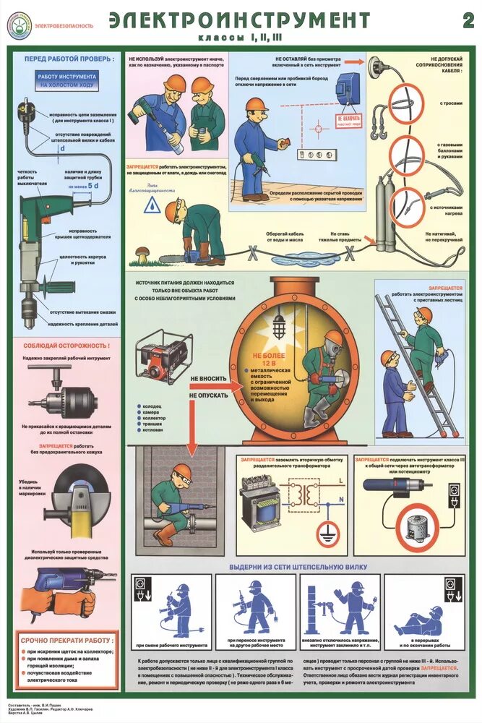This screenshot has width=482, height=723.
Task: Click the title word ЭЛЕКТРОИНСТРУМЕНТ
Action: pos(239,20)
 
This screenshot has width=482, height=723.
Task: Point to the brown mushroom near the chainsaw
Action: pos(143,252)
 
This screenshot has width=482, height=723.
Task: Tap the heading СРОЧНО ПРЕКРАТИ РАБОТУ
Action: pos(67,641)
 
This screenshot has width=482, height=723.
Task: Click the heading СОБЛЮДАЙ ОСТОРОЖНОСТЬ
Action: pos(67,345)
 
